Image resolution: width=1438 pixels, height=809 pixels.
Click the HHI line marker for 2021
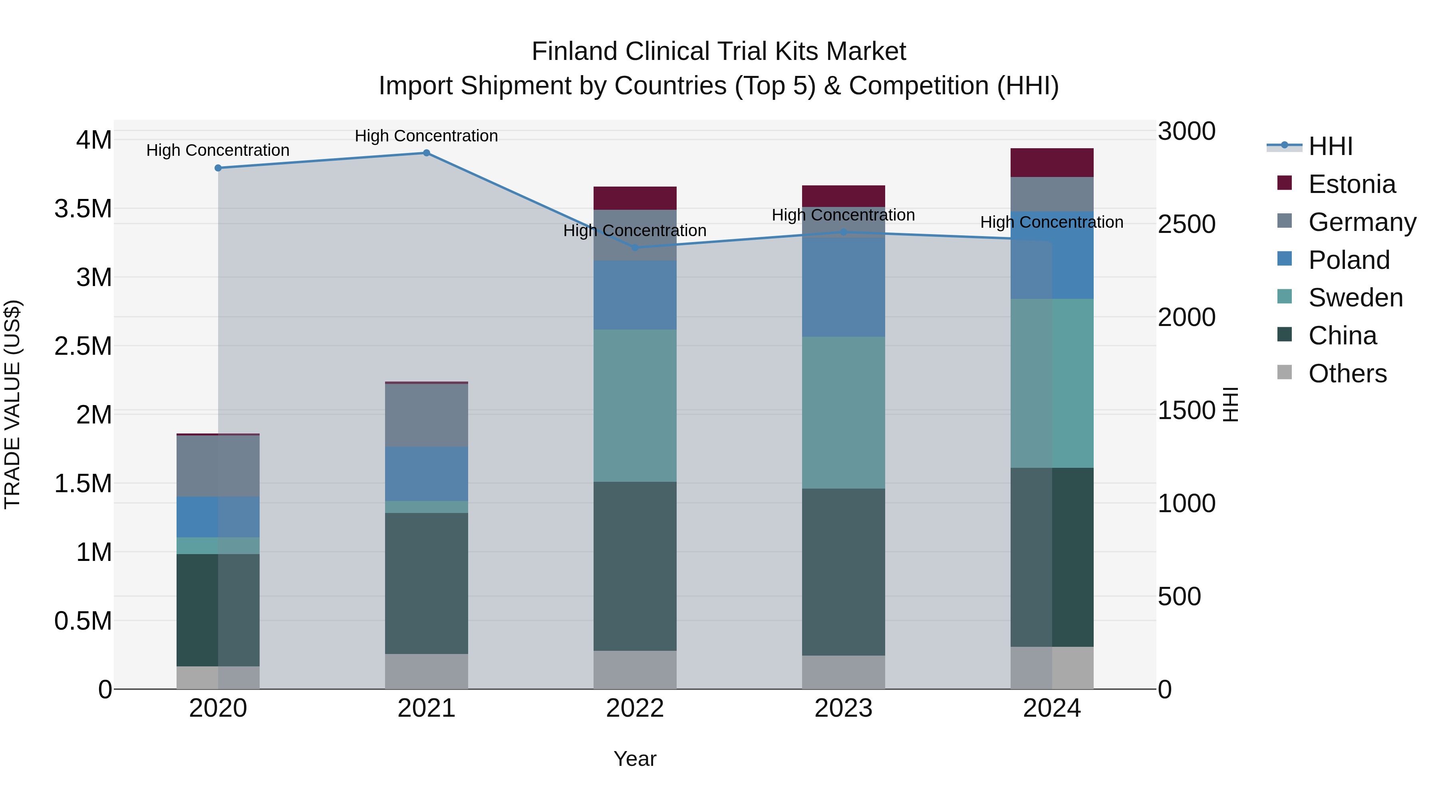point(427,153)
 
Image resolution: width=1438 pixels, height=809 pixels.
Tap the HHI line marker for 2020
point(218,168)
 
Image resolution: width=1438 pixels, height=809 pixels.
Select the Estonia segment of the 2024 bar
point(1052,163)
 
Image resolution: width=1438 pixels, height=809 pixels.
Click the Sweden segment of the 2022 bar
point(635,405)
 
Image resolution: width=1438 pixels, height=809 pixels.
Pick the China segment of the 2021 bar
point(427,583)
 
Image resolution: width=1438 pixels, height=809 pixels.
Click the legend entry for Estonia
point(1351,184)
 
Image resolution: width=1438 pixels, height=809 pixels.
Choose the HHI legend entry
point(1330,146)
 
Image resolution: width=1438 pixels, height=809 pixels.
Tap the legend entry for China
point(1342,336)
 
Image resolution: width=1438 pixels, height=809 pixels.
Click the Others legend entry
point(1347,374)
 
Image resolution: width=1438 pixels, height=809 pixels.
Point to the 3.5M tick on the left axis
point(83,209)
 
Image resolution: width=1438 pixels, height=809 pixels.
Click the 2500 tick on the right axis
point(1186,225)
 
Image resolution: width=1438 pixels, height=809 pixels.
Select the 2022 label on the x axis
point(635,708)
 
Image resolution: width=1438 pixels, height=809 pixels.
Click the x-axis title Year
point(635,759)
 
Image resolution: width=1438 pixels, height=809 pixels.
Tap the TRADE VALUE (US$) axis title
point(12,404)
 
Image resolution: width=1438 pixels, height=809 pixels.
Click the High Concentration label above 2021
point(427,136)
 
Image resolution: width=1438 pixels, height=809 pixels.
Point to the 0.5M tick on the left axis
point(83,621)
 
